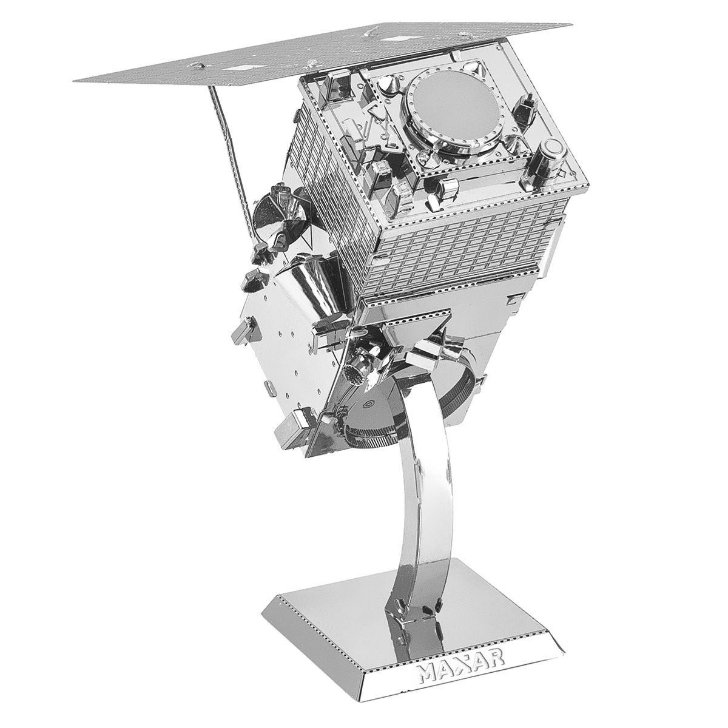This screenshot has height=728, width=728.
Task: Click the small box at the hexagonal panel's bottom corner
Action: pyautogui.click(x=290, y=425)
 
